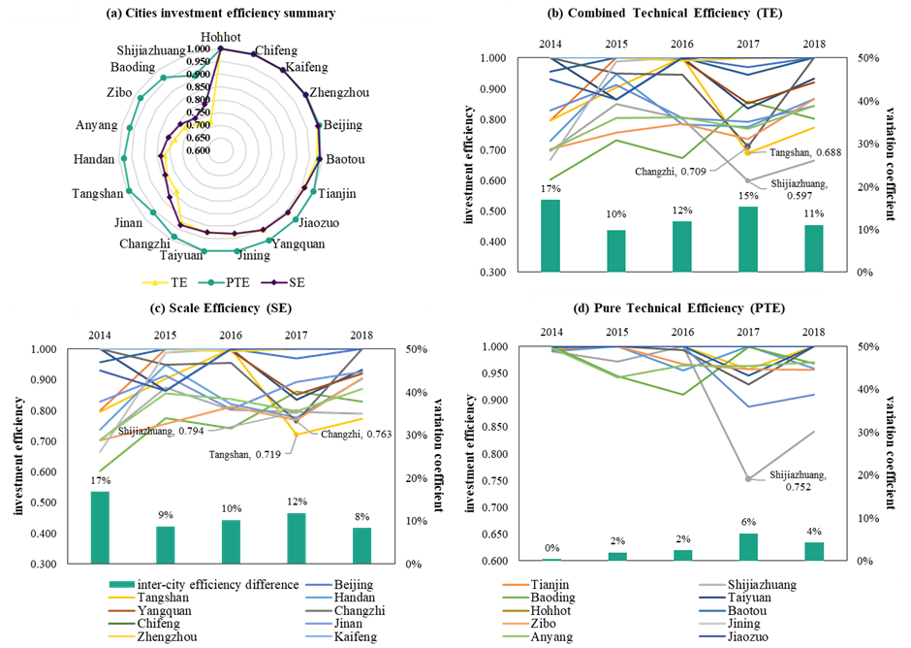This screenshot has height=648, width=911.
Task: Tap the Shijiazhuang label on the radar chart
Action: coord(155,49)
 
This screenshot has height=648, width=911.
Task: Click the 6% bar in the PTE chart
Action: coord(744,547)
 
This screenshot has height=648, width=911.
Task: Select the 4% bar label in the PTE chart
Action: coord(812,532)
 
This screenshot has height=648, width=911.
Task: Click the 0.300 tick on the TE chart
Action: coord(493,273)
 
